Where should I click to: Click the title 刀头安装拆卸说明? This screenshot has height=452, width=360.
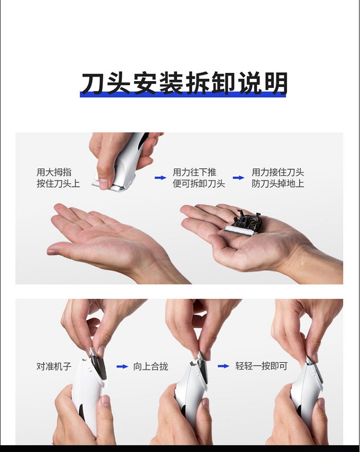tap(183, 83)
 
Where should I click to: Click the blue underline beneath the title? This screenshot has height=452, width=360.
tap(183, 95)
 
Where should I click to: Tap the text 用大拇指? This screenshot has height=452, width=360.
tap(54, 172)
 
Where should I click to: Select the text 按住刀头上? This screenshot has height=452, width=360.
tap(58, 183)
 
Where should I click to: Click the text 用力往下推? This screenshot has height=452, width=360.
tap(194, 172)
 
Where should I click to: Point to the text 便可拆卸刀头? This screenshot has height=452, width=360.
tap(199, 183)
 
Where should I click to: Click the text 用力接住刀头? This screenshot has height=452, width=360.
tap(278, 172)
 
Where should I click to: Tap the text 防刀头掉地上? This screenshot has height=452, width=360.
tap(278, 183)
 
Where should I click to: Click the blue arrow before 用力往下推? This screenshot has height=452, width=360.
tap(160, 178)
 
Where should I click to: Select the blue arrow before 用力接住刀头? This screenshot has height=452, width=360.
tap(239, 178)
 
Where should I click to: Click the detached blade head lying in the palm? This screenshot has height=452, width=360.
tap(243, 223)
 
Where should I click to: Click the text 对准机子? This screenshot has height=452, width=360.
tap(54, 367)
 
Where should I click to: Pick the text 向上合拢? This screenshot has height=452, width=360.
tap(151, 367)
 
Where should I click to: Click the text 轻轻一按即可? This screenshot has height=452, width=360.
tap(261, 366)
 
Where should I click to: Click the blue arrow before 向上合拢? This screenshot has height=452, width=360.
tap(122, 367)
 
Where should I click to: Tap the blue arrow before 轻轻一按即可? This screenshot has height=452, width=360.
tap(224, 366)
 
